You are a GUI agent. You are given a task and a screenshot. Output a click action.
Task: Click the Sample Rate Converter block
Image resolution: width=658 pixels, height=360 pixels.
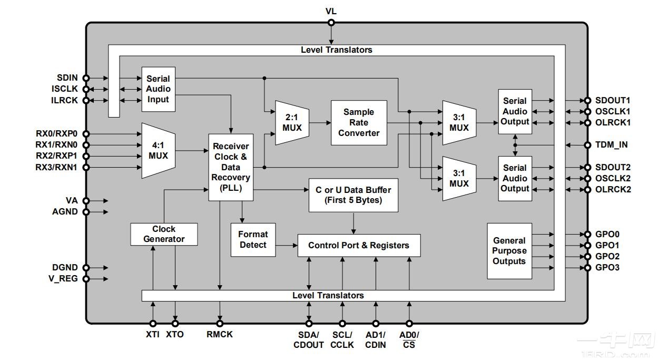coord(359,122)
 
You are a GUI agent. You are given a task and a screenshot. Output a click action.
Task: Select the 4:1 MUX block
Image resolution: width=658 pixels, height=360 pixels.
coord(158,150)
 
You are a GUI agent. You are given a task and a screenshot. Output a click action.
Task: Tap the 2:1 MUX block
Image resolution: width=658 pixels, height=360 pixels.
coord(292,122)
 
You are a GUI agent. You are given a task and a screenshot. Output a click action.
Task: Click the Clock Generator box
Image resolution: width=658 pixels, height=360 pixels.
coord(164,234)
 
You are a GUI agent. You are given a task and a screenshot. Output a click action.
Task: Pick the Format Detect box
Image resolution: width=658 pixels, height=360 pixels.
coord(253,240)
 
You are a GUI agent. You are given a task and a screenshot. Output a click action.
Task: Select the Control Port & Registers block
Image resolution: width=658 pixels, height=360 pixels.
coord(359,245)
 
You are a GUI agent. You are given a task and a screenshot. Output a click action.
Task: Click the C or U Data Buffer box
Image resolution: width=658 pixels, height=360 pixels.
coord(353,194)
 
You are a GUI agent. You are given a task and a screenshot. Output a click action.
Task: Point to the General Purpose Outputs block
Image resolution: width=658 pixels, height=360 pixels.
coord(509,251)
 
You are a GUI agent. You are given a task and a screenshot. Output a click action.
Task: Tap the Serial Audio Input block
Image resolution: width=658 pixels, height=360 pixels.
coord(158,89)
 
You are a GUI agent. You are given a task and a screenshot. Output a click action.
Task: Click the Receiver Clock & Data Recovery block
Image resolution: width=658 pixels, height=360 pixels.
coord(230,167)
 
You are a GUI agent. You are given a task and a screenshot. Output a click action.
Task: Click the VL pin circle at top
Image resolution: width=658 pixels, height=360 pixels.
coord(331,23)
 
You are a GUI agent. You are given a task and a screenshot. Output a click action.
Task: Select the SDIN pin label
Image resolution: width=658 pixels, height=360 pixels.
coord(67,78)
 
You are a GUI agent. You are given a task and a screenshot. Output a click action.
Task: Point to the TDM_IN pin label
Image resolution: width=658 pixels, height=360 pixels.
coord(611,145)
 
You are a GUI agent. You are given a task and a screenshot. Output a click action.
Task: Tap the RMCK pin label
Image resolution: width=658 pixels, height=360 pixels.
coord(220,334)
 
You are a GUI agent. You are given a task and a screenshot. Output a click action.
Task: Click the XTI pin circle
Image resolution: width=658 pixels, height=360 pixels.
coord(153,323)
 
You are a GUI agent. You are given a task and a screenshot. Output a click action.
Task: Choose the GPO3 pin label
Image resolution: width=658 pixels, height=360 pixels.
coord(607,268)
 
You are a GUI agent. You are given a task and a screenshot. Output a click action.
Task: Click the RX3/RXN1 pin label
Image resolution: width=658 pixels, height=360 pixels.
coord(56,168)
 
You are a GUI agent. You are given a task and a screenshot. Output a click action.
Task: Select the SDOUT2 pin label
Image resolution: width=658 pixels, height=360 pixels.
coord(613,167)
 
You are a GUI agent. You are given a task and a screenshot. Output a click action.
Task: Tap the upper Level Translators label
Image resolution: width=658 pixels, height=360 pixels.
coord(336,50)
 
